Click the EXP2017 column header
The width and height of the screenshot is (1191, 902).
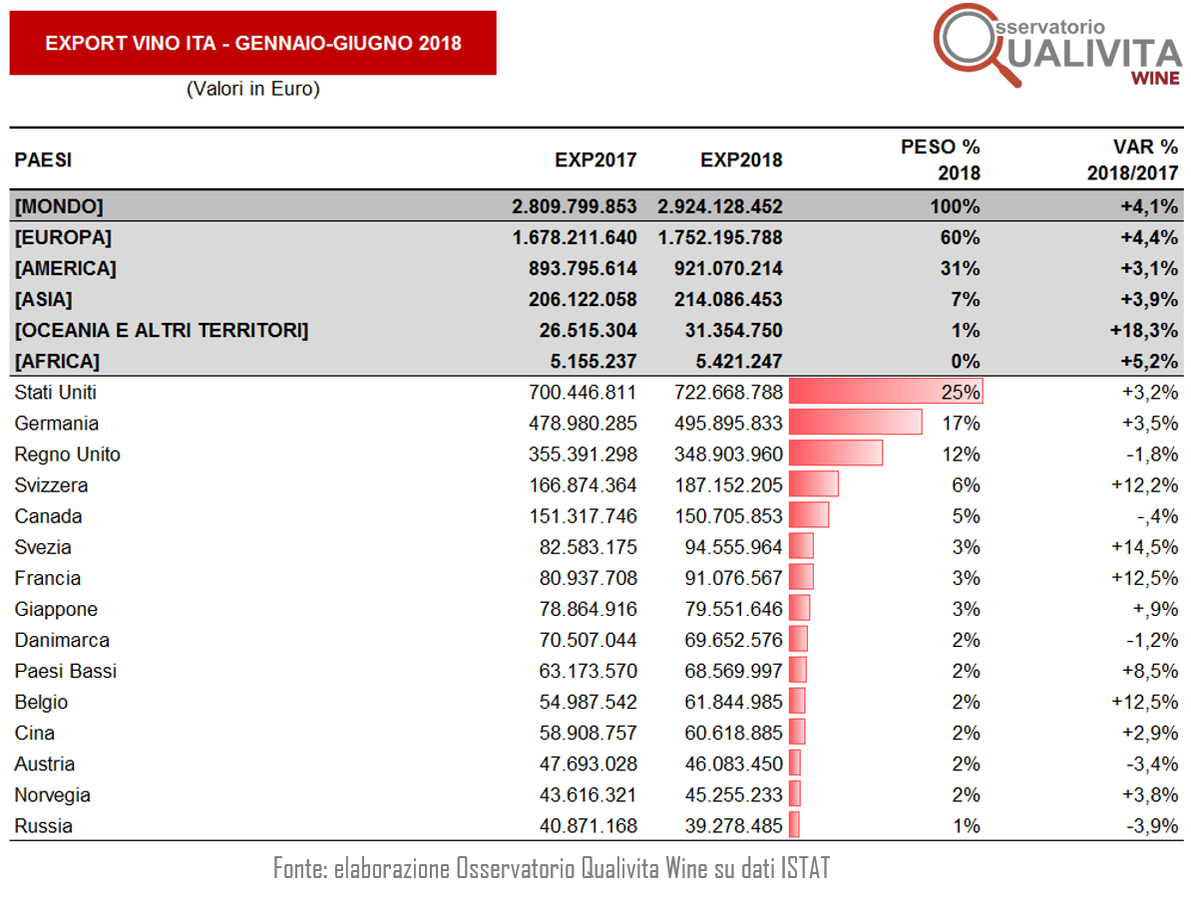pos(595,160)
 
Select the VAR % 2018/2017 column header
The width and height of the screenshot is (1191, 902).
pos(1132,159)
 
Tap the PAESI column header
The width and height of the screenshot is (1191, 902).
pos(43,160)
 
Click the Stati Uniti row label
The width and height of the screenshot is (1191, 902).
pos(56,393)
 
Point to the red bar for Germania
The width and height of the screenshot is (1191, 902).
pos(855,423)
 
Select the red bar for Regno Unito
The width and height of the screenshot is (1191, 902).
pos(836,453)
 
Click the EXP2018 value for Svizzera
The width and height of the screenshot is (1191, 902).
pos(728,485)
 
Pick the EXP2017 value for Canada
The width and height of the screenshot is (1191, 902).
pos(583,516)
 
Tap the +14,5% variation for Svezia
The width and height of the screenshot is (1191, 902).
pos(1145,547)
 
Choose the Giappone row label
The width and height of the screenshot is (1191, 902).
pos(56,610)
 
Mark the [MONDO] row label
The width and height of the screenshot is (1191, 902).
pos(59,206)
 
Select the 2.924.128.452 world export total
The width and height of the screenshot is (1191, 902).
pos(720,206)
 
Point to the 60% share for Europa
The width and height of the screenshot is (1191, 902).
pos(961,237)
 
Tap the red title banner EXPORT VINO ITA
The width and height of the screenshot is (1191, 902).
pos(253,43)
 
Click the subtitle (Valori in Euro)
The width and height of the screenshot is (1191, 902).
pos(253,89)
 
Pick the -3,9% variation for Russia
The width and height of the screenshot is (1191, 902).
pos(1152,826)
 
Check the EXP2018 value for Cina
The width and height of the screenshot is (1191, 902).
pos(733,734)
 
